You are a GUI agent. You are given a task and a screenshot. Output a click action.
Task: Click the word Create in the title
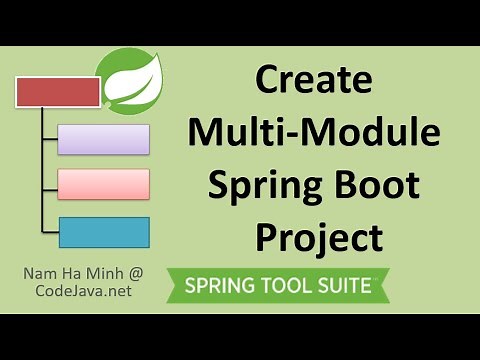(x=312, y=79)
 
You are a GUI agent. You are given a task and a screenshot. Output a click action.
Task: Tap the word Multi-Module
(x=312, y=132)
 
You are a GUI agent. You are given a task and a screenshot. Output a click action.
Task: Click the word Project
(x=318, y=238)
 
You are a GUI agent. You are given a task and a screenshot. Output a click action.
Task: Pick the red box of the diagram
(x=58, y=92)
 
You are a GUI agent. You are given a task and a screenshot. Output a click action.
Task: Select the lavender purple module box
(x=103, y=139)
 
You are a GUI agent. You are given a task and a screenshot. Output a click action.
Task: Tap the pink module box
(x=103, y=184)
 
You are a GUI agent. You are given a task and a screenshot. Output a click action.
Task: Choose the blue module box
(x=103, y=232)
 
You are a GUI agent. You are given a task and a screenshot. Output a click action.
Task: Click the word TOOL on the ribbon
(x=285, y=285)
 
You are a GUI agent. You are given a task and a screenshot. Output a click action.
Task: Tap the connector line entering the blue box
(x=48, y=232)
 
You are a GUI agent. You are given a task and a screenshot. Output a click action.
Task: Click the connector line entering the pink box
(x=48, y=184)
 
